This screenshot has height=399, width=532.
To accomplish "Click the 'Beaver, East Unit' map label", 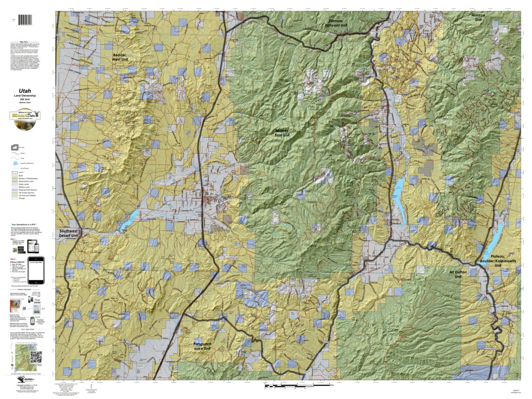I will (x=282, y=133).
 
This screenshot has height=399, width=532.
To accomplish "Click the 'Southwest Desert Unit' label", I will (x=68, y=234).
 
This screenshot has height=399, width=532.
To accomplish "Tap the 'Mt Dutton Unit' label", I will (x=458, y=275).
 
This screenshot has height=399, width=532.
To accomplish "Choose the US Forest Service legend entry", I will (x=25, y=192).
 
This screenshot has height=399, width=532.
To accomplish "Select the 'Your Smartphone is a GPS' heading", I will (x=27, y=225).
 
